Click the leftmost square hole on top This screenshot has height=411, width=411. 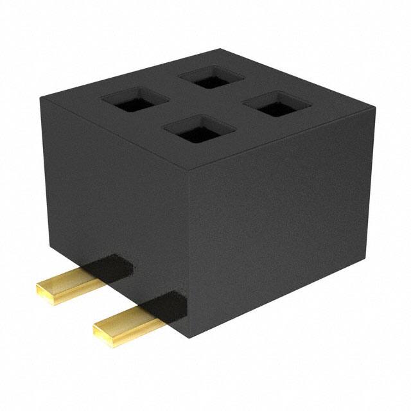click(x=135, y=100)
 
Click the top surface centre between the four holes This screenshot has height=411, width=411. click(x=207, y=105)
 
